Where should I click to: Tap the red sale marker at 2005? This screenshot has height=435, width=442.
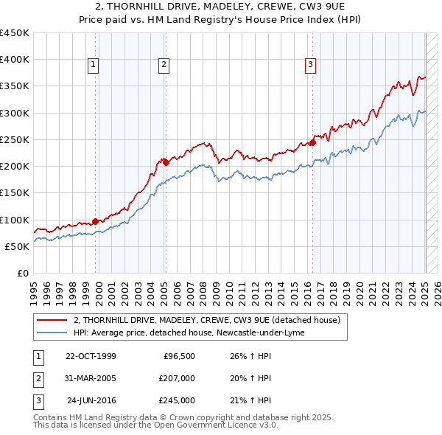166,162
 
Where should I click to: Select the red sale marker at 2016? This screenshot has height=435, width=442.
312,142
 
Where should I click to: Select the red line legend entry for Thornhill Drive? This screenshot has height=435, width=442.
206,320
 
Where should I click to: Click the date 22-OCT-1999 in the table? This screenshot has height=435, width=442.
91,356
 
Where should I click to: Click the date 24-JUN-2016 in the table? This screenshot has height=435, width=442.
91,400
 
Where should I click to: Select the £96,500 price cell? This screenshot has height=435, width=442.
178,356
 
